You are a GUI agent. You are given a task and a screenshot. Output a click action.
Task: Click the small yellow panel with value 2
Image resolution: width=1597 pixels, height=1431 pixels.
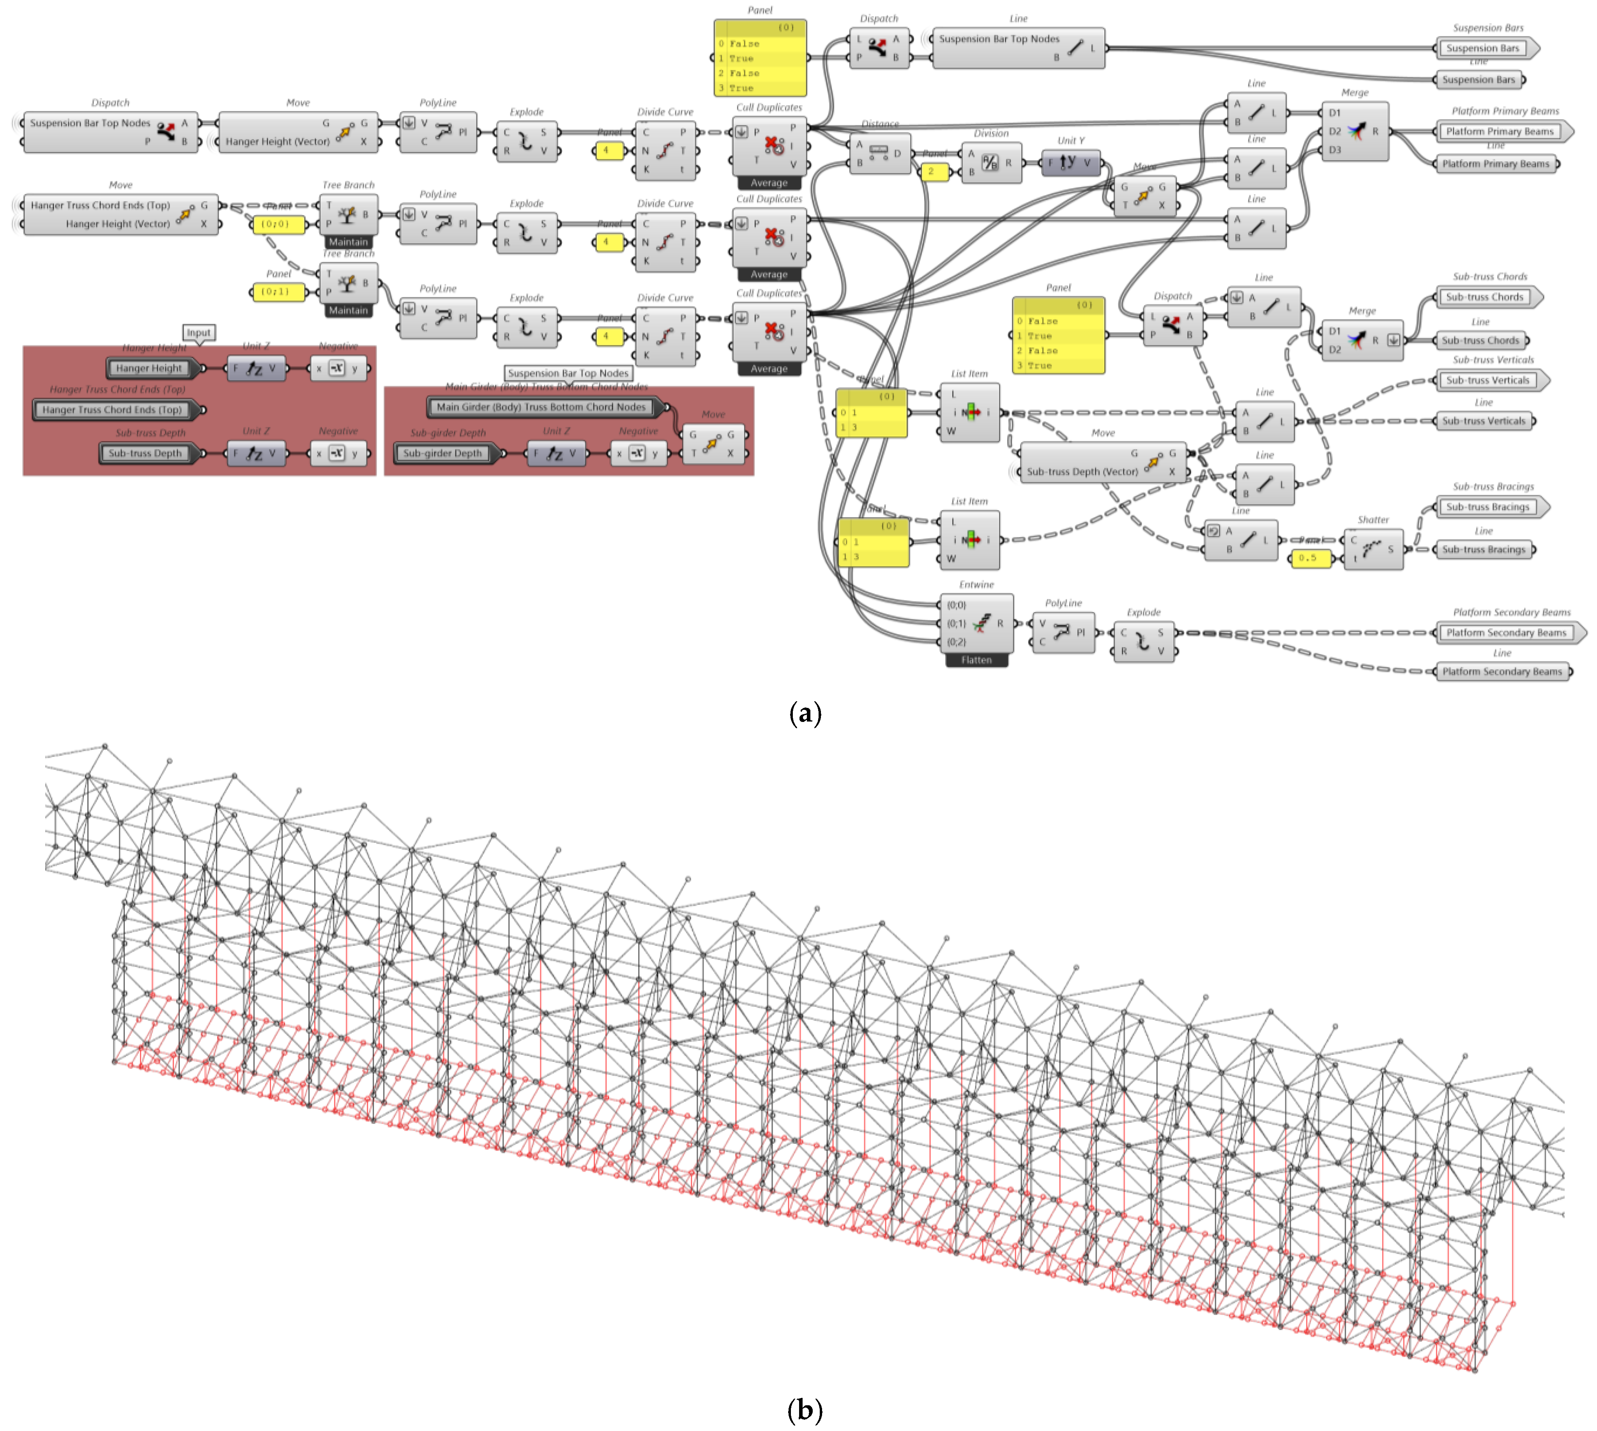click(x=933, y=172)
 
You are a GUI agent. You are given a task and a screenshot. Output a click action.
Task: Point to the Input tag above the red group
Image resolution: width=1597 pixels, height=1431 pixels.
click(x=199, y=333)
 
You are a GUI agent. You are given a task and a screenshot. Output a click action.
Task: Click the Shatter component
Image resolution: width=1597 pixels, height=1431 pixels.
click(x=1373, y=549)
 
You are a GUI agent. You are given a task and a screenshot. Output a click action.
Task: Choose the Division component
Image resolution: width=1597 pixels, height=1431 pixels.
click(x=991, y=163)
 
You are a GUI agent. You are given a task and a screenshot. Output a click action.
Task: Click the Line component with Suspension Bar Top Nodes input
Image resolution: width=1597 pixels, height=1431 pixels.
click(x=1017, y=48)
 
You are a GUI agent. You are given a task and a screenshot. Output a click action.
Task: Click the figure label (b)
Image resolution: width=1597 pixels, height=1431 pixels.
click(x=805, y=1410)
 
